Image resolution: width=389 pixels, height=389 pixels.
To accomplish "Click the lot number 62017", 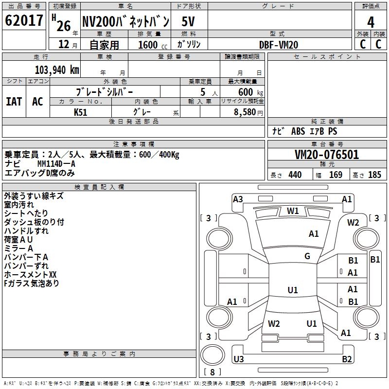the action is click(x=24, y=21).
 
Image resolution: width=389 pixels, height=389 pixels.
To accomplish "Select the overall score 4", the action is click(x=371, y=22).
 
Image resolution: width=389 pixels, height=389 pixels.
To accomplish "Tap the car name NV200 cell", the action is click(x=125, y=22).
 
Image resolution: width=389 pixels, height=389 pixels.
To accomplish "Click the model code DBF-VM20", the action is click(x=279, y=44).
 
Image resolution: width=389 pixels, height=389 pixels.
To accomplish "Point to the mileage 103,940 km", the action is click(x=57, y=70).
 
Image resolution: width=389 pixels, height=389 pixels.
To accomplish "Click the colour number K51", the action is click(x=81, y=112).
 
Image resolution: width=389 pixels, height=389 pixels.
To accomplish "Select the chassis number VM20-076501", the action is click(x=327, y=155).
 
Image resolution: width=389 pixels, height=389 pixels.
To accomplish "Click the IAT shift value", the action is click(x=14, y=101).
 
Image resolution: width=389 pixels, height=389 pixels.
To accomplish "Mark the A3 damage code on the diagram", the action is click(x=238, y=199).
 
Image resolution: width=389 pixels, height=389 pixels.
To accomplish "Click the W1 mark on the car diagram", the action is click(x=293, y=211).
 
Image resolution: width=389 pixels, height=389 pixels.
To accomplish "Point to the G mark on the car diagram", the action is click(x=307, y=256).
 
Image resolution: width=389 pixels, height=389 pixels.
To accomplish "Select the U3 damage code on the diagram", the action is click(x=239, y=359).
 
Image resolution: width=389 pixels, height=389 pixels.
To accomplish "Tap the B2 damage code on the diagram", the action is click(x=347, y=359).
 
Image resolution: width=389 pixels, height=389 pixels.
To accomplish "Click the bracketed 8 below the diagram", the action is click(x=212, y=372).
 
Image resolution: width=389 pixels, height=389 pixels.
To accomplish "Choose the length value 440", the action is click(x=295, y=175).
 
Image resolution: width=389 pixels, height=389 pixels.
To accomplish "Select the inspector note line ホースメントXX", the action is click(x=30, y=275).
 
